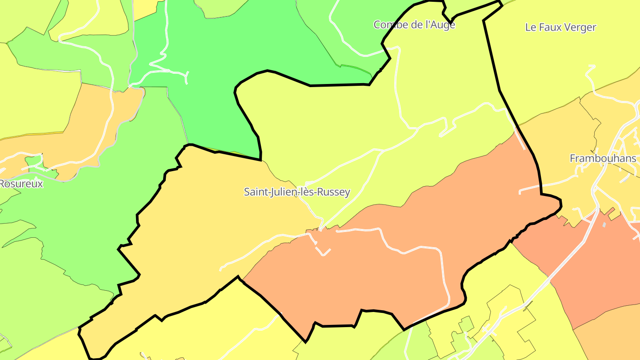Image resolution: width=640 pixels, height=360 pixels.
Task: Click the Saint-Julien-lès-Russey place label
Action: click(297, 192)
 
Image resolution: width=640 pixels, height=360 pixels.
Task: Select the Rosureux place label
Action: click(21, 184)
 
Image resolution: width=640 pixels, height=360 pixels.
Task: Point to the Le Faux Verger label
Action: click(560, 27)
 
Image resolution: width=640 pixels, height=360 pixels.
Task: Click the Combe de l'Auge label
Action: click(414, 24)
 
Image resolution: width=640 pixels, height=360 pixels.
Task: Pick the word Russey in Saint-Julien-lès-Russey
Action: click(335, 192)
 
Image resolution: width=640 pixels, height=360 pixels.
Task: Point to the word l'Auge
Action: click(440, 24)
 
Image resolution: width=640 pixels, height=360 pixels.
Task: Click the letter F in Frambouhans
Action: click(573, 158)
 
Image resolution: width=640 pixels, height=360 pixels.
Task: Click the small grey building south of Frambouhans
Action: click(604, 225)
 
